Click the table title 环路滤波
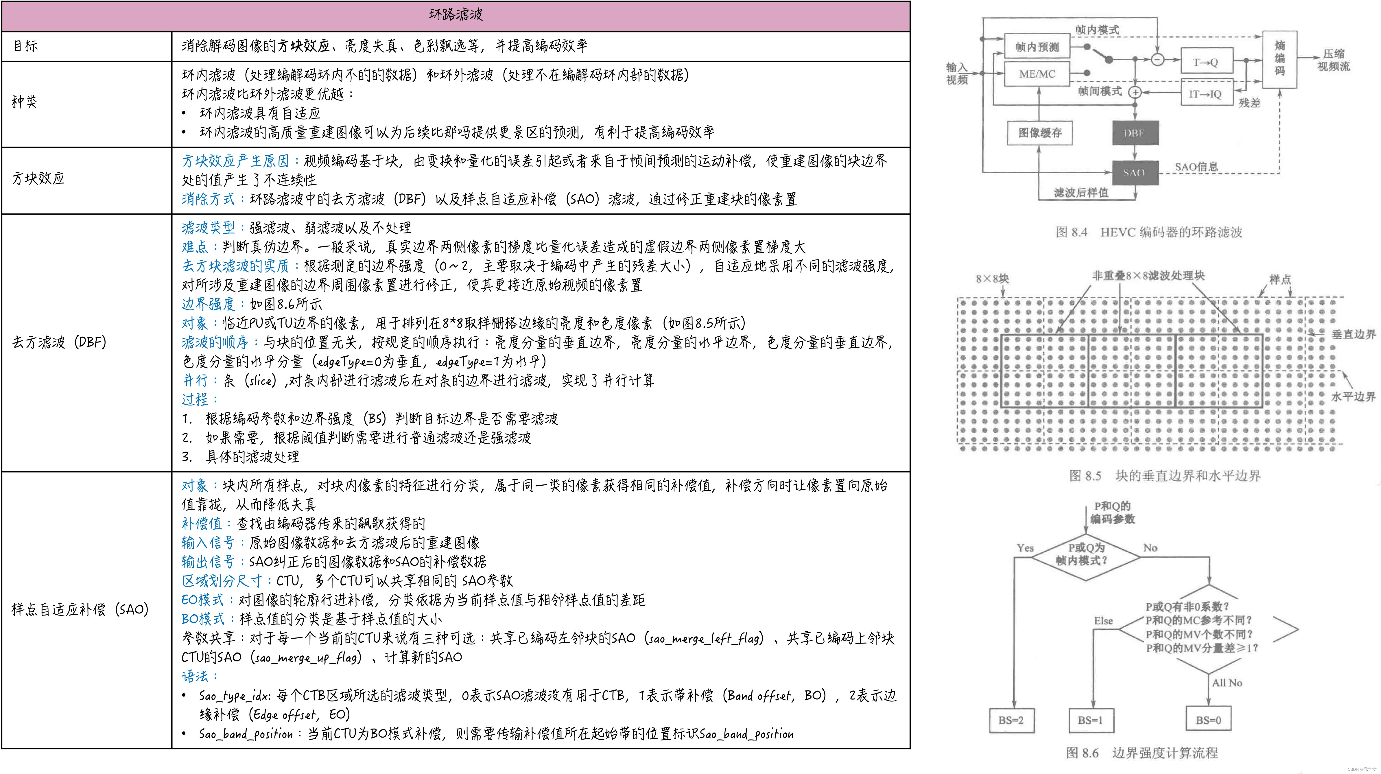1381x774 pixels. tap(456, 14)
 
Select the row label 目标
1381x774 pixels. tap(25, 46)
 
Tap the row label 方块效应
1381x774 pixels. tap(38, 178)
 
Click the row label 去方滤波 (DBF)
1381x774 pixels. tap(59, 342)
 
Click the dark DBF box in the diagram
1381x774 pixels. tap(1134, 133)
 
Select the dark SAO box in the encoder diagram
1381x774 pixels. tap(1134, 173)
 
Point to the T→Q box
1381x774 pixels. tap(1206, 62)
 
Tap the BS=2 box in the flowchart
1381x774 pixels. tap(1011, 720)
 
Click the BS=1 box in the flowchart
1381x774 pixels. tap(1090, 720)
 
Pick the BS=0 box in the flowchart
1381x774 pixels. tap(1208, 720)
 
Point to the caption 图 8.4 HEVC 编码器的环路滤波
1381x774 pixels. tap(1148, 232)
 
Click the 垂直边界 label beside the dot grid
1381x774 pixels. tap(1353, 334)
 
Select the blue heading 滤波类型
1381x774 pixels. tap(208, 228)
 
